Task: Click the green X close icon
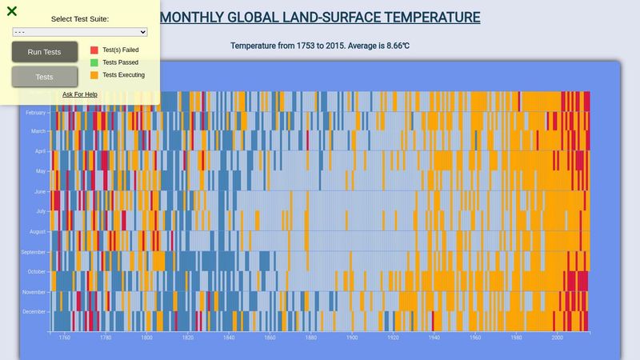(x=12, y=11)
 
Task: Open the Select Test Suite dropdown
(x=80, y=32)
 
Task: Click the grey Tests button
(x=45, y=77)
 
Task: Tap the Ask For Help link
(x=80, y=94)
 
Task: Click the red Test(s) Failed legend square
(x=94, y=50)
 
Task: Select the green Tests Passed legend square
(x=94, y=62)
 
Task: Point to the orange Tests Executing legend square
(x=94, y=75)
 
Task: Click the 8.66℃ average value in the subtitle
(x=392, y=46)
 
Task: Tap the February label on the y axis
(x=36, y=113)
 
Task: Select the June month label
(x=40, y=192)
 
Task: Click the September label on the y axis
(x=34, y=252)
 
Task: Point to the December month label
(x=34, y=312)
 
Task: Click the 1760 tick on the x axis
(x=64, y=338)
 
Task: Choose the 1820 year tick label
(x=187, y=338)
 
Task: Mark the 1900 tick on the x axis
(x=352, y=338)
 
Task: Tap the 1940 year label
(x=434, y=338)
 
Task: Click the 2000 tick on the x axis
(x=558, y=338)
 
